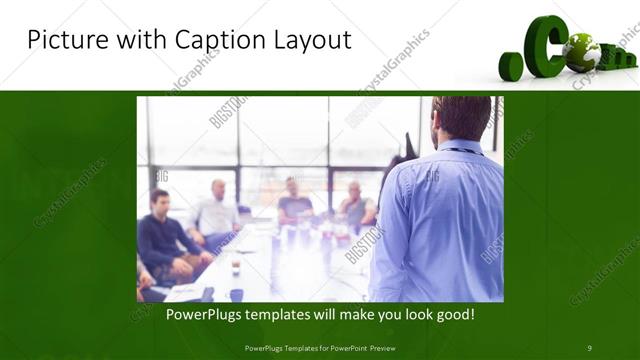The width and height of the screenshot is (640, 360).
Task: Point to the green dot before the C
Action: pos(511,67)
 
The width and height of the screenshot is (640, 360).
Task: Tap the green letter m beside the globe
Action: pos(612,55)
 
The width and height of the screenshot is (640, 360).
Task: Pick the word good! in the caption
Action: pos(454,315)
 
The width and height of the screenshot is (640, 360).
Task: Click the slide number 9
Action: pos(589,348)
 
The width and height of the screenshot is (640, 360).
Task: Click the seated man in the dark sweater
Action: pos(163,240)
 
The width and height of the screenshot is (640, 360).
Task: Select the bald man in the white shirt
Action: pos(217,210)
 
